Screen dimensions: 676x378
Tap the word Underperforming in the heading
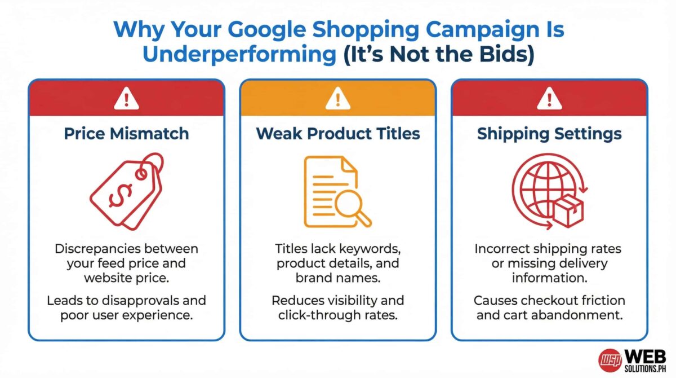click(x=239, y=55)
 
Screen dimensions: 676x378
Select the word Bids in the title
click(x=502, y=54)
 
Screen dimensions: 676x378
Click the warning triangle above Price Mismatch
click(x=126, y=98)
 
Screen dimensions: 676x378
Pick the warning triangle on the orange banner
click(x=338, y=98)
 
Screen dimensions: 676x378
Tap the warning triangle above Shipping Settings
click(x=549, y=98)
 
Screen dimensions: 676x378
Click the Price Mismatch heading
click(x=126, y=134)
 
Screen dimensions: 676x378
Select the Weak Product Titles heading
click(x=338, y=134)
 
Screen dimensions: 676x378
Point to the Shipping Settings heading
click(x=549, y=134)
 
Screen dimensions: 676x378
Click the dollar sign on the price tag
click(x=121, y=196)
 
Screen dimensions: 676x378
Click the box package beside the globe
click(x=568, y=210)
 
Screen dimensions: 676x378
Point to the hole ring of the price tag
click(x=141, y=174)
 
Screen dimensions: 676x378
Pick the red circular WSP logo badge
click(x=610, y=360)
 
